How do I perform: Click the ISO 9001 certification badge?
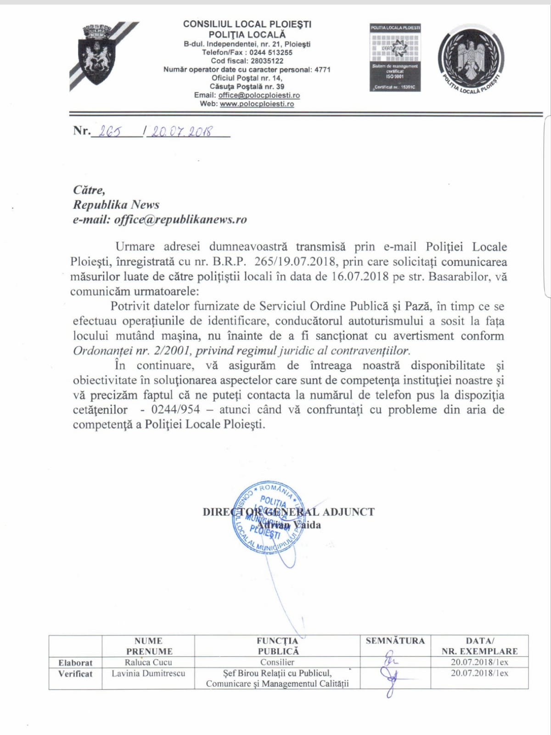point(395,57)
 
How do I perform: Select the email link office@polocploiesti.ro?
point(259,95)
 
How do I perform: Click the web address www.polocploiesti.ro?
point(257,104)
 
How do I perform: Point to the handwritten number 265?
point(110,131)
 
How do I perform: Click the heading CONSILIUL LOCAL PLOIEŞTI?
point(247,24)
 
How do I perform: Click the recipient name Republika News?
point(116,205)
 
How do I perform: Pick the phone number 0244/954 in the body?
point(175,410)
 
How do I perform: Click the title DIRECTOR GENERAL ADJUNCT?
point(288,512)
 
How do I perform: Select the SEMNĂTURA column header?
point(395,641)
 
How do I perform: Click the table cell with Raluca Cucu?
point(148,662)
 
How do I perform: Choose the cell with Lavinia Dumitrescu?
point(148,673)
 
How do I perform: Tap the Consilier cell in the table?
point(277,662)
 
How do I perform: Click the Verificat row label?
point(75,674)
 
